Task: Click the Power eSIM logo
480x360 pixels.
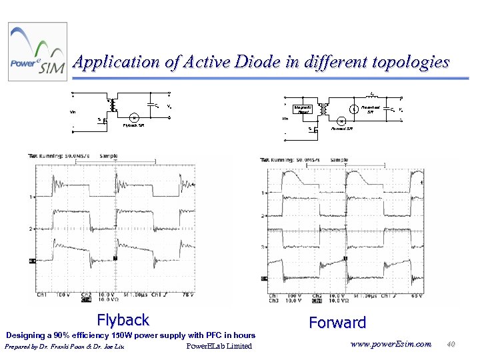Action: pyautogui.click(x=37, y=52)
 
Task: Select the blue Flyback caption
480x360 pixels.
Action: pyautogui.click(x=123, y=320)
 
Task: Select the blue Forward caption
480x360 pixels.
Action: pyautogui.click(x=337, y=323)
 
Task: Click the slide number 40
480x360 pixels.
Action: pyautogui.click(x=451, y=344)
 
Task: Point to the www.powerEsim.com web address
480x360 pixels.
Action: pyautogui.click(x=391, y=344)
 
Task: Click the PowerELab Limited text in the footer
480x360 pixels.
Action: pyautogui.click(x=219, y=346)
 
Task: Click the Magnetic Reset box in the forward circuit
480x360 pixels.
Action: pyautogui.click(x=302, y=109)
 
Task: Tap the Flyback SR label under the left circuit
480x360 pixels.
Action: pyautogui.click(x=133, y=125)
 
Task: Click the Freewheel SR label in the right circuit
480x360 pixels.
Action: pyautogui.click(x=371, y=109)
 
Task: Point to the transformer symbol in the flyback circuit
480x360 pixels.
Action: pyautogui.click(x=113, y=105)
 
